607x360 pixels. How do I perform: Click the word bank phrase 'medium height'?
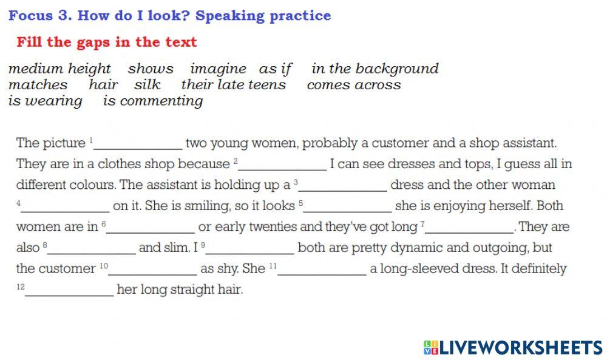[x=59, y=69]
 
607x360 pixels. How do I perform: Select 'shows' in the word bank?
[x=151, y=69]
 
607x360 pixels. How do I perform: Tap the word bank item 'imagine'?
[x=218, y=69]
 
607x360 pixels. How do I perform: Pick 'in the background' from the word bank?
[x=375, y=69]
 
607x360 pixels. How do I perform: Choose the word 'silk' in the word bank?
[x=148, y=85]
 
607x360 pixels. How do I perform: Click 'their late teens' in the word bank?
[x=233, y=85]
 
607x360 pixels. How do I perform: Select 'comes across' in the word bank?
[x=354, y=85]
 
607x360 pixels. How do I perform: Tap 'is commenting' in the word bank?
[x=153, y=101]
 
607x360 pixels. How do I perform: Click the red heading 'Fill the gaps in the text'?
[x=107, y=42]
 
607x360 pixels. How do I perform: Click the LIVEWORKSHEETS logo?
[x=513, y=347]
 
